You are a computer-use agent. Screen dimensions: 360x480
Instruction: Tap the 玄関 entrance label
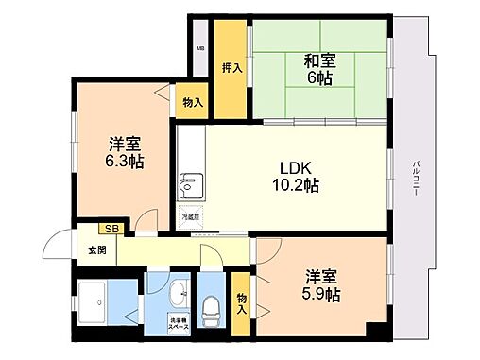pyautogui.click(x=97, y=250)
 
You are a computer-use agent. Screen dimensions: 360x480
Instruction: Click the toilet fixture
pyautogui.click(x=212, y=305)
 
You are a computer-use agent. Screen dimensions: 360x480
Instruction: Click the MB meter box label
pyautogui.click(x=199, y=48)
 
